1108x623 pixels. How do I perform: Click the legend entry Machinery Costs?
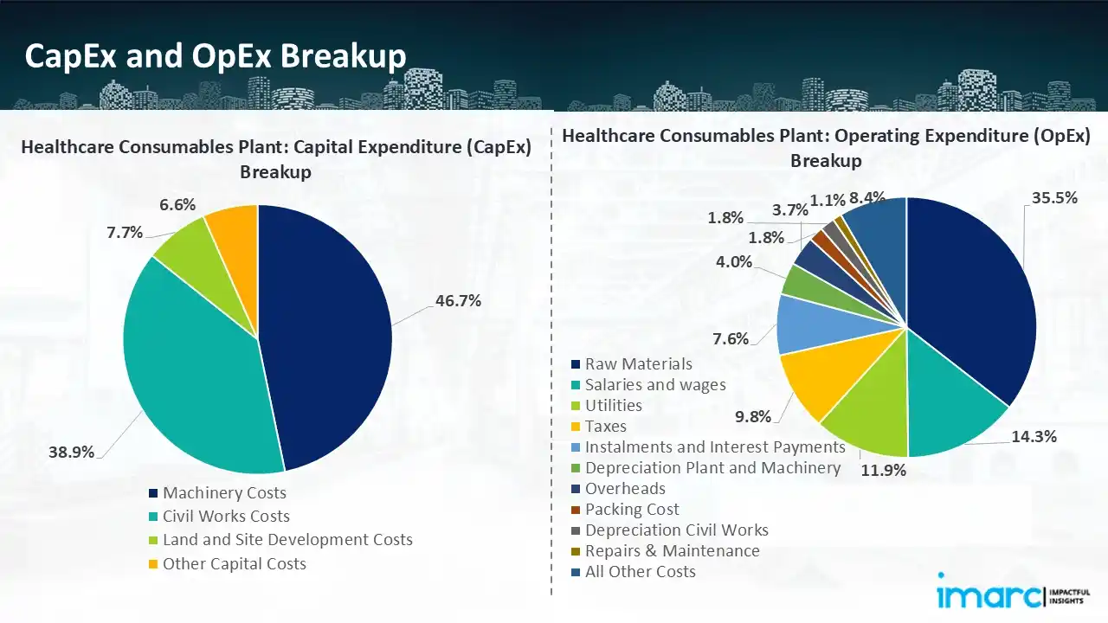[224, 493]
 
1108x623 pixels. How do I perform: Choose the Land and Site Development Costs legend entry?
[287, 540]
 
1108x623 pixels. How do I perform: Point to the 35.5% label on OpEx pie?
[1053, 197]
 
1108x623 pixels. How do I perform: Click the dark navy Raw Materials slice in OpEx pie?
[969, 294]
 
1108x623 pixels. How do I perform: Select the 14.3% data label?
[1034, 437]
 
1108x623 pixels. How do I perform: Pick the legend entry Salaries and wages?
[655, 385]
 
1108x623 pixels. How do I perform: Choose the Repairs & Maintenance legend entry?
[672, 551]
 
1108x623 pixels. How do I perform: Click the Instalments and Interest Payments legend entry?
[715, 447]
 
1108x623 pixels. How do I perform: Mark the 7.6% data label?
[731, 338]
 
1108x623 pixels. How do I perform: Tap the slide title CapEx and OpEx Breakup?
[216, 56]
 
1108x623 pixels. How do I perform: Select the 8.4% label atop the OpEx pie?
[866, 198]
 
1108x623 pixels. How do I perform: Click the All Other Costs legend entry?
[640, 572]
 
